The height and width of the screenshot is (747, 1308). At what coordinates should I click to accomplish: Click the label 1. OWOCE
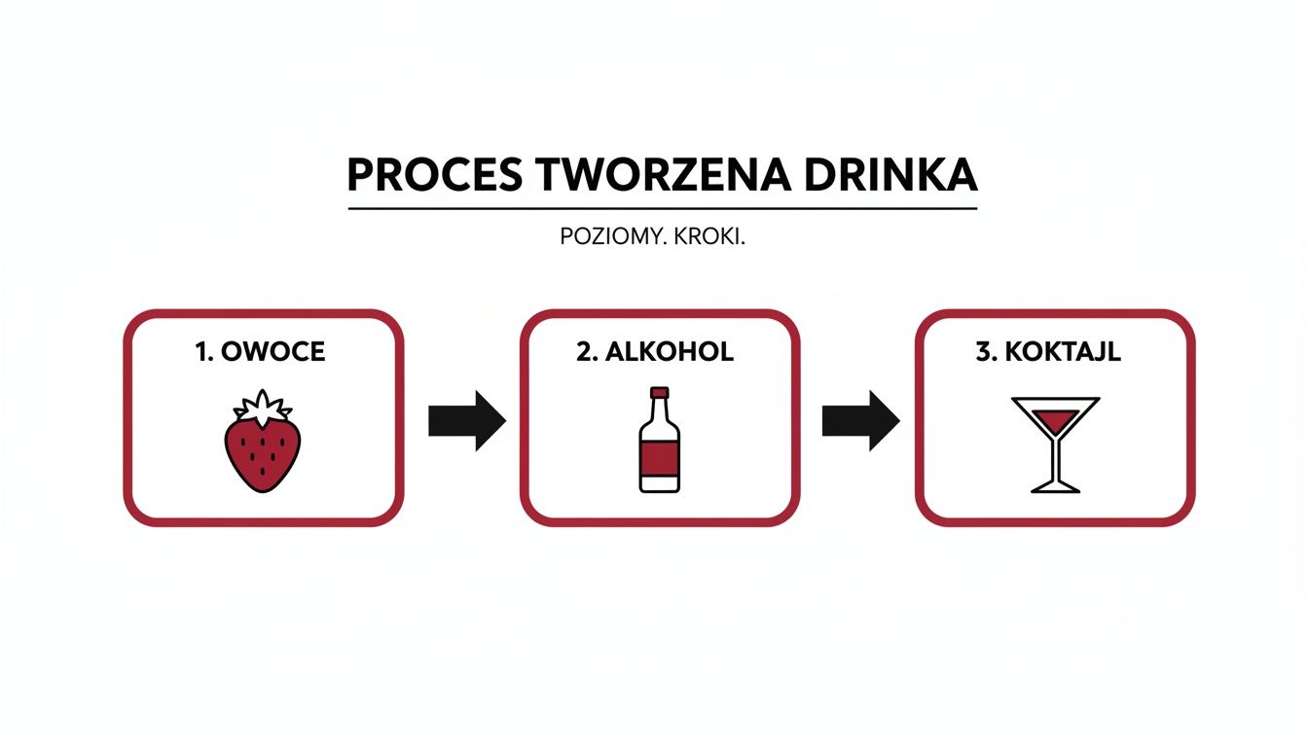click(x=260, y=352)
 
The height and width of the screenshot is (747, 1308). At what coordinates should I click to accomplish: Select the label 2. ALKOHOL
click(x=655, y=352)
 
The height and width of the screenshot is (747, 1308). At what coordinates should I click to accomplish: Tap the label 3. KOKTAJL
click(x=1048, y=352)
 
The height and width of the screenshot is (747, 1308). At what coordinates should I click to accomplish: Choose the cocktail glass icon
click(x=1056, y=444)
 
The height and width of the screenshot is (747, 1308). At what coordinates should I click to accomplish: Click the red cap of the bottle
click(x=660, y=393)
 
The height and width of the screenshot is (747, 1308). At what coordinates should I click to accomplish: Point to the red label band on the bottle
click(x=660, y=454)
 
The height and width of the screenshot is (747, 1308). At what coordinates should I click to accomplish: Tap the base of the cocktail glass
click(x=1056, y=486)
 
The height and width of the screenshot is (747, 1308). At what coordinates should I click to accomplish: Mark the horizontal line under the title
click(x=662, y=208)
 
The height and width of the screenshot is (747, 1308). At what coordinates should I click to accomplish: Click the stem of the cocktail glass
click(x=1056, y=459)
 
